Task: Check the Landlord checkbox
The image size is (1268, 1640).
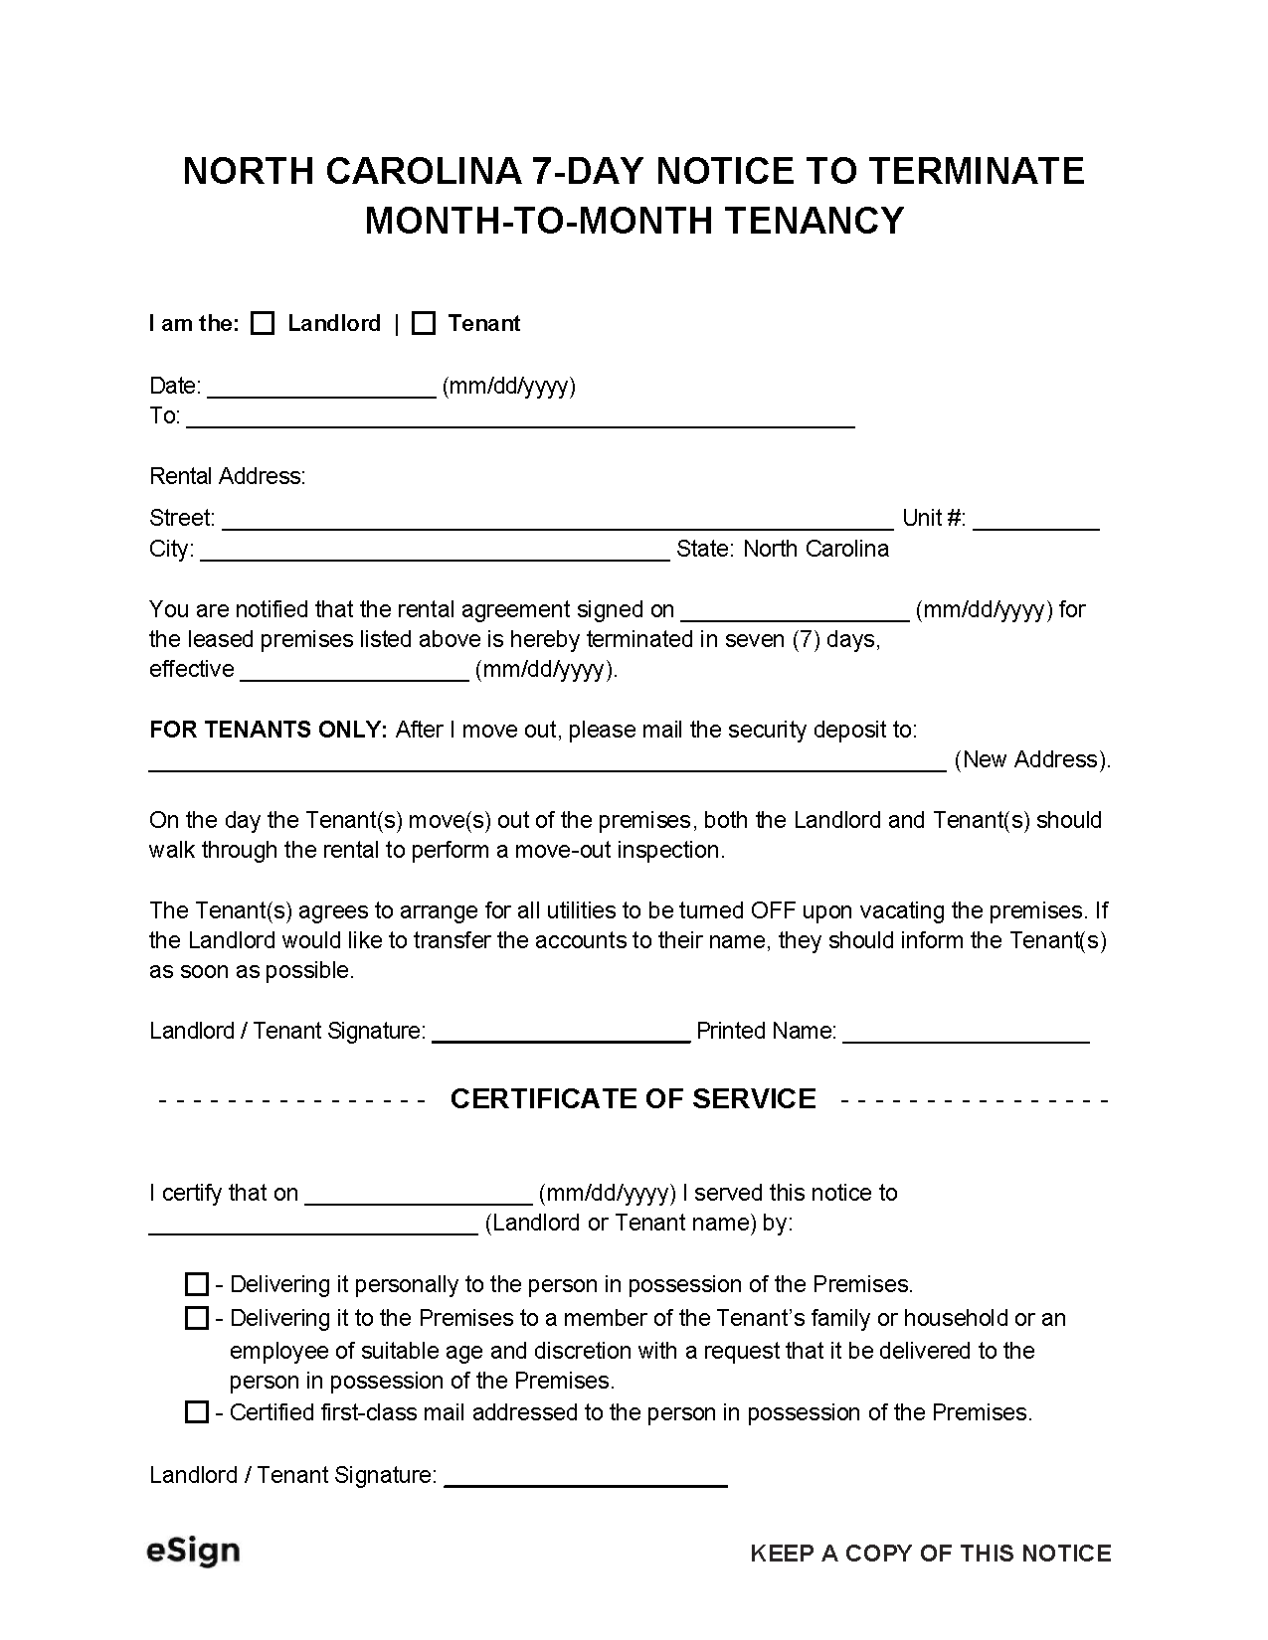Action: (263, 324)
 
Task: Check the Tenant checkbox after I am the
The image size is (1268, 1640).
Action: (424, 324)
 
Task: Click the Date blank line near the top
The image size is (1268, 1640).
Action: (321, 389)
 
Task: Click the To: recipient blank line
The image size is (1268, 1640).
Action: (520, 418)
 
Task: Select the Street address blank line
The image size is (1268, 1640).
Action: (557, 520)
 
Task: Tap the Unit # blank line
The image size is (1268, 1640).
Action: (1035, 520)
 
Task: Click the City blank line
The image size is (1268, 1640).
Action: (435, 551)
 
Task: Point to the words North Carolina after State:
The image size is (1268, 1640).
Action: (815, 549)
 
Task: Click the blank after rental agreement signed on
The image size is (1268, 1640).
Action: (795, 611)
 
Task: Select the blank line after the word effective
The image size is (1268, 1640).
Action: (354, 672)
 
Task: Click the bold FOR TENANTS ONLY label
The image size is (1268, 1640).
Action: (268, 730)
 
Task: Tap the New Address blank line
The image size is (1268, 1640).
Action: (547, 761)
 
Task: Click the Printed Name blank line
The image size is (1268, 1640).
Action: (966, 1034)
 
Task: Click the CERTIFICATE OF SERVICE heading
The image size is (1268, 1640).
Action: (633, 1098)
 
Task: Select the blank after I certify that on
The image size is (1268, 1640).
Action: (419, 1195)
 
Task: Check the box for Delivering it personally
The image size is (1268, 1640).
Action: (197, 1284)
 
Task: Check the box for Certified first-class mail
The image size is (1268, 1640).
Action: (197, 1412)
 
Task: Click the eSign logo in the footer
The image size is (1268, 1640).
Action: (193, 1551)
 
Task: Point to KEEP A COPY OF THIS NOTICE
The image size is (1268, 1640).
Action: (930, 1554)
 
